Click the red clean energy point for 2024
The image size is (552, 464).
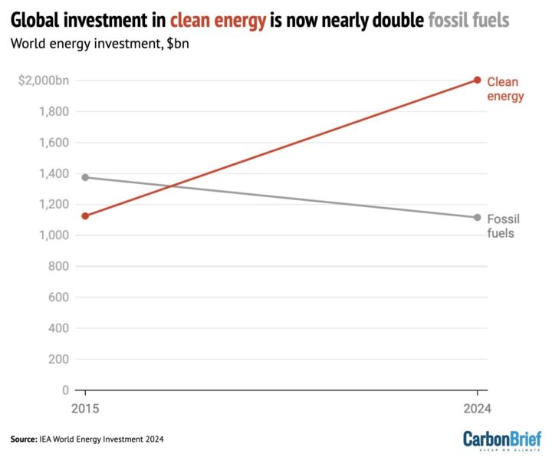[x=477, y=80]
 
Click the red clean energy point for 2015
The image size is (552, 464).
[x=85, y=216]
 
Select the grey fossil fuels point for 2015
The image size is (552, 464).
[x=85, y=177]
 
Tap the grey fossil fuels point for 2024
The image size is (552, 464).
[x=477, y=218]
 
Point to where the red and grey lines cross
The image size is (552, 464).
[x=173, y=186]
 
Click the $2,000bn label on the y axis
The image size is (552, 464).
[x=44, y=81]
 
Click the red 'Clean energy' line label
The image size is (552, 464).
[x=505, y=89]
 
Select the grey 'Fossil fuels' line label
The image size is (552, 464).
[x=504, y=226]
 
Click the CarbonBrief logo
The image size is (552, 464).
[x=501, y=440]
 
